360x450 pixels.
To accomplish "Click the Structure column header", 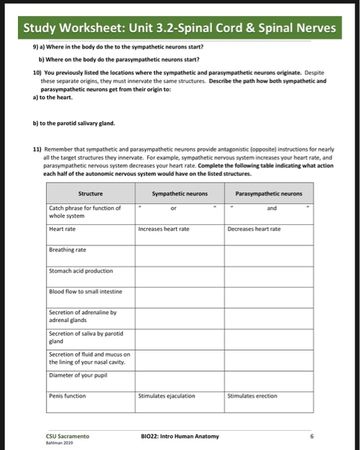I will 90,193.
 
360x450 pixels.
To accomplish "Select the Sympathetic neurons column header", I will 178,193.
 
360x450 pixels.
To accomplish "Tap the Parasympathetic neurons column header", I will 269,193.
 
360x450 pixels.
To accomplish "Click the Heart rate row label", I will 62,228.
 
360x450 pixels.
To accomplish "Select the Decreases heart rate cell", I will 255,228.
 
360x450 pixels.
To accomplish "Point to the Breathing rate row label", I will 67,249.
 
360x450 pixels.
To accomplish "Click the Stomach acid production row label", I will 81,271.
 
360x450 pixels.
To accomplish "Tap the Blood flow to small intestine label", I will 85,292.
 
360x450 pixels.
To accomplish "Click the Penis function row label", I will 67,396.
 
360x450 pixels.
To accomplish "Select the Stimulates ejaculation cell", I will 166,396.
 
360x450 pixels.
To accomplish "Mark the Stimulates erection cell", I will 253,396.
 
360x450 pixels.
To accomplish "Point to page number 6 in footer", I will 311,436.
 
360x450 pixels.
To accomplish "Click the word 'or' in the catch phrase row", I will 173,208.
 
